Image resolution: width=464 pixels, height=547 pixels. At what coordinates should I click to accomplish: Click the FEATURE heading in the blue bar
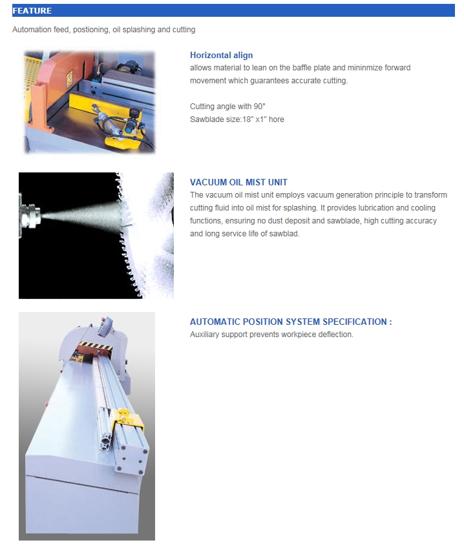pos(32,11)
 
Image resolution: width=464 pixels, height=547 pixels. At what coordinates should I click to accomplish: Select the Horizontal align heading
pos(222,55)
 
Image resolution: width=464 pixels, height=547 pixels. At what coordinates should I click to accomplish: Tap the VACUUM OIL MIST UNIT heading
pos(239,182)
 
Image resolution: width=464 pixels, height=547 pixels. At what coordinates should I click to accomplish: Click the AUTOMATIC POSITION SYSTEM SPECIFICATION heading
pos(291,322)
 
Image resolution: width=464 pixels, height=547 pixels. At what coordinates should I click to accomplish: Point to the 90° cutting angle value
pos(259,107)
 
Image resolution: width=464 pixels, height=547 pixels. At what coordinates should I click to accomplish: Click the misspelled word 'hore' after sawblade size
pos(276,119)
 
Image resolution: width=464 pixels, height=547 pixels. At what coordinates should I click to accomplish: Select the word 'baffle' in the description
pos(302,68)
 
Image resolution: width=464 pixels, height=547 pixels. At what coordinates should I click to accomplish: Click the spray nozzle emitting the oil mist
pos(30,214)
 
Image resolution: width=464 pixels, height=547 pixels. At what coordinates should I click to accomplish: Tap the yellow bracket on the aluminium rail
pos(128,418)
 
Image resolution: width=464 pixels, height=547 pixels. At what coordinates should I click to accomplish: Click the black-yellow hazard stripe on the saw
pos(95,346)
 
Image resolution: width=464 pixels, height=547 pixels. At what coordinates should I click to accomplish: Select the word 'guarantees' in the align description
pos(269,81)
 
